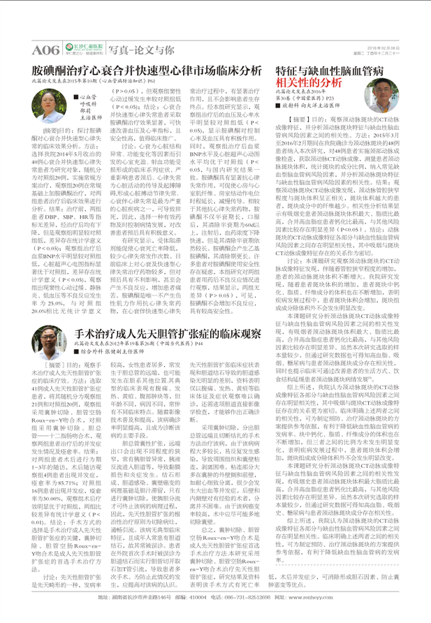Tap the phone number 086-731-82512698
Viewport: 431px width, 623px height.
tap(258, 616)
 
